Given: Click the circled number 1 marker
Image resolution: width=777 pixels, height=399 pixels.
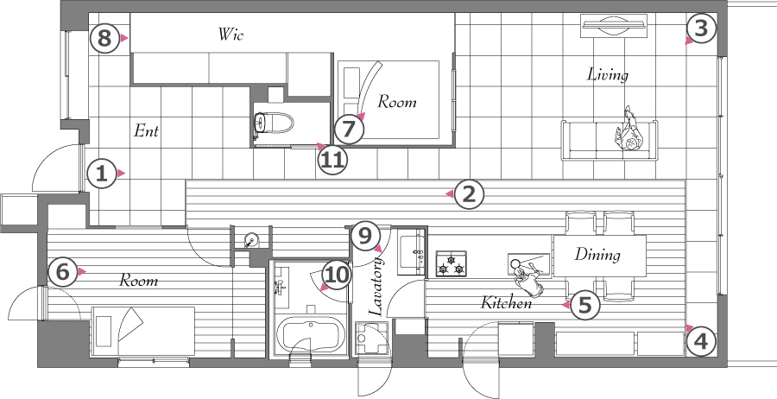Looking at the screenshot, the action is coord(102,174).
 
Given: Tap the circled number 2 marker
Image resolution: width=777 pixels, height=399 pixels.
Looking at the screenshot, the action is coord(469,193).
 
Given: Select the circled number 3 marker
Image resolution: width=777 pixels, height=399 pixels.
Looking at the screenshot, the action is coord(701,28).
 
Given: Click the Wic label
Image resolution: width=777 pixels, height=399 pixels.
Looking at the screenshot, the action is coord(231,35).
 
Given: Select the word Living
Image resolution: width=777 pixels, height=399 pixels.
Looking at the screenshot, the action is coord(608,75).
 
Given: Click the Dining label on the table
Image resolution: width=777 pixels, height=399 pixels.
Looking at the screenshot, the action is coord(597,255).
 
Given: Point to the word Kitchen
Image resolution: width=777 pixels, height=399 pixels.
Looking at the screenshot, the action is coord(507,302).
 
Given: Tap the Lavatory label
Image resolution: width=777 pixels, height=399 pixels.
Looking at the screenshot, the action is coord(376,286).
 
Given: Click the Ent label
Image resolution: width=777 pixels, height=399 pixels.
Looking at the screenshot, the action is coord(146,131).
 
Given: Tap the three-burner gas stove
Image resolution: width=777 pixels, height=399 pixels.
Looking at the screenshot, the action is coord(451,263).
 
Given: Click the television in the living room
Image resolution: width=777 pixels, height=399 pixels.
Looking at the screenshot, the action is coord(615,25).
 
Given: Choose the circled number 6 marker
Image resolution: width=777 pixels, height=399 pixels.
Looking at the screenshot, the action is coord(62,272).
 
